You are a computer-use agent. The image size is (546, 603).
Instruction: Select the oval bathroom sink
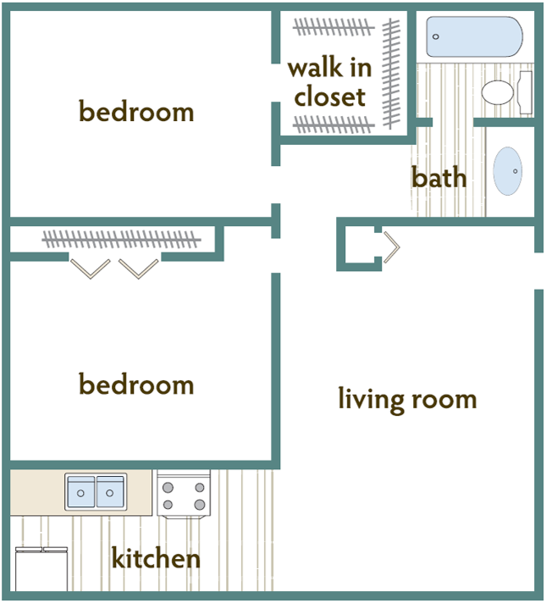click(508, 171)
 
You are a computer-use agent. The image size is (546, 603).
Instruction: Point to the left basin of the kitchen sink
click(81, 492)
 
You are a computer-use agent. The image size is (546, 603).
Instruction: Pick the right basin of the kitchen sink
click(110, 492)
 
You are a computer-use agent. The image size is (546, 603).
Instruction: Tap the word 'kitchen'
click(156, 559)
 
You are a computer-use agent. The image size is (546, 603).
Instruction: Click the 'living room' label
click(407, 398)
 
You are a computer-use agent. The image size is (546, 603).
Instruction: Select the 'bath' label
click(438, 177)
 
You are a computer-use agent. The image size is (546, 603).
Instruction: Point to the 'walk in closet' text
click(330, 82)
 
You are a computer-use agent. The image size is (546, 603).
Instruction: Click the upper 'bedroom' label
click(136, 111)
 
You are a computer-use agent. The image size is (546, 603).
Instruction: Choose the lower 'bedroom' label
click(136, 384)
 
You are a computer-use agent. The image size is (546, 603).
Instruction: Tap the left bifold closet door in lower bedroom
click(91, 268)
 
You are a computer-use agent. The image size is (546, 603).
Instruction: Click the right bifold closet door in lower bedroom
click(139, 268)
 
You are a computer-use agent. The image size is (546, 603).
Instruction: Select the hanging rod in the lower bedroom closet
click(122, 239)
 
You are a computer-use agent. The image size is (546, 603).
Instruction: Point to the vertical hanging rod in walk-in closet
click(391, 72)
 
